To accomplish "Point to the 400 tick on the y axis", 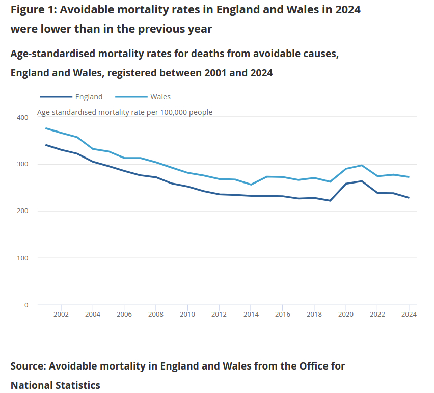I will coord(22,118).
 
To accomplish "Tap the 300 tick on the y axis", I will coord(22,165).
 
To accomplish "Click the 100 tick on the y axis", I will coord(22,258).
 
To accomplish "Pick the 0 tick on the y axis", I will coord(25,305).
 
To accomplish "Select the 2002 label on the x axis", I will coord(61,315).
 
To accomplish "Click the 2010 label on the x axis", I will coord(188,315).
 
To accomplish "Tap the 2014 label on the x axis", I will coord(251,315).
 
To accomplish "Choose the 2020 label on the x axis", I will coord(346,315).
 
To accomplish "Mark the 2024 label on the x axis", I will coord(409,315).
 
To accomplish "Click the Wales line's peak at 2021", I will coord(362,165).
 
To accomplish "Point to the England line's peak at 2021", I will coord(362,181).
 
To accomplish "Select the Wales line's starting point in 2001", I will coord(46,128).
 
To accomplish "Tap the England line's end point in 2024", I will coord(409,198).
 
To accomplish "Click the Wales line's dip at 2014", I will coord(251,185).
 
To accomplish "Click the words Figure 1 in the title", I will coord(33,9).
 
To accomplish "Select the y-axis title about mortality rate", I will coord(125,112).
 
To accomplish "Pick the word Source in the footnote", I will coord(28,366).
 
